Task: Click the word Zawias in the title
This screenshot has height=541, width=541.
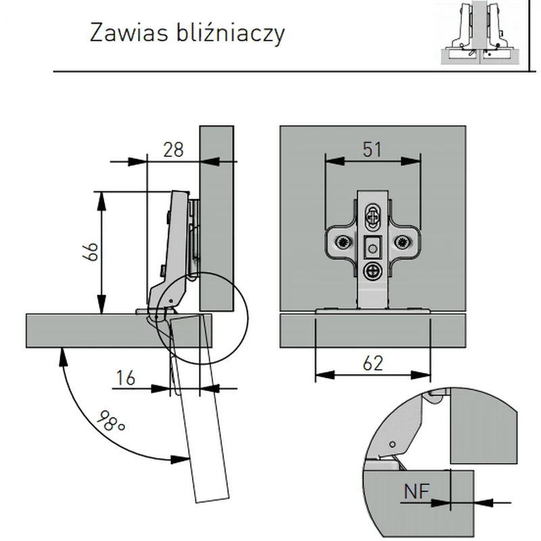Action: coord(129,32)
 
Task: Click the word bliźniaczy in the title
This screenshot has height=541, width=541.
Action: coord(231,33)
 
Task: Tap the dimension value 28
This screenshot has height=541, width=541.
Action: coord(173,150)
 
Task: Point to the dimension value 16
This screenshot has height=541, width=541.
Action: coord(126,378)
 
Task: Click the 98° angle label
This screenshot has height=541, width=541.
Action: coord(110,421)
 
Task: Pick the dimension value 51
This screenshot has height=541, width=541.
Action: coord(373,149)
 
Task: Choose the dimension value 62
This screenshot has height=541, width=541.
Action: coord(373,364)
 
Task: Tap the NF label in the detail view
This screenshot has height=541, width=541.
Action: coord(417,492)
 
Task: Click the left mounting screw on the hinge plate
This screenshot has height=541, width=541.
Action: coord(344,242)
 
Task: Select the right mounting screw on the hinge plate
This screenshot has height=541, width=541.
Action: coord(402,242)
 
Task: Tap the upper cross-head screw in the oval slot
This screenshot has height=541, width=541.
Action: coord(373,217)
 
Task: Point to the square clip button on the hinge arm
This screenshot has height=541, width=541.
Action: coord(372,247)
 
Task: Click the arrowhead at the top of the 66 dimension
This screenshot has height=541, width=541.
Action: coord(101,200)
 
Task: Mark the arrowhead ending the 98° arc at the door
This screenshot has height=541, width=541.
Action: coord(181,459)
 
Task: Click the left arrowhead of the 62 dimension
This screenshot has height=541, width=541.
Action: coord(325,375)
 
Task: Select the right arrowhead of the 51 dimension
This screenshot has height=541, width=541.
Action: coord(411,161)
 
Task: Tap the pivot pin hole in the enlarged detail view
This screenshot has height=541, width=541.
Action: coord(392,444)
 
